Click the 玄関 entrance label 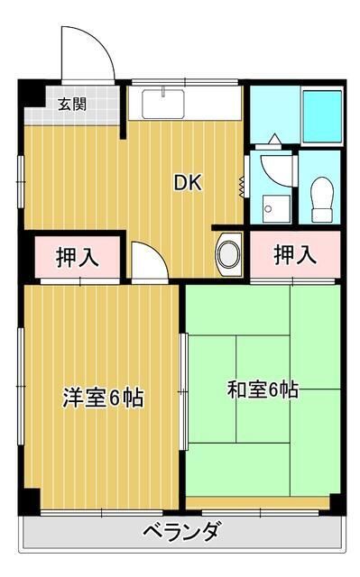(74, 104)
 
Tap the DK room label (188, 182)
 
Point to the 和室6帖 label (262, 390)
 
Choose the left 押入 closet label (73, 256)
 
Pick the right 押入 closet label (295, 254)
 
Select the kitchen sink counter (183, 102)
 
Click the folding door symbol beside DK (242, 185)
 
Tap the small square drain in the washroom (267, 213)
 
